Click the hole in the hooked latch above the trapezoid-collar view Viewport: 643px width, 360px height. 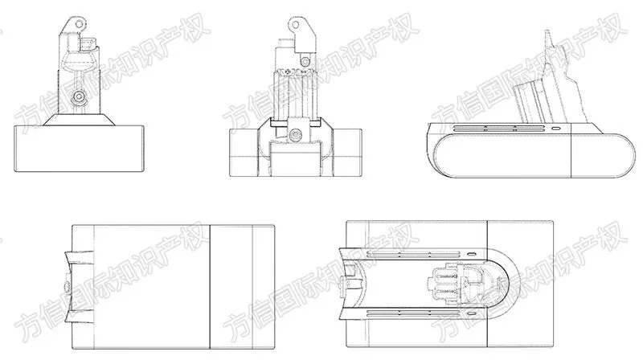pos(78,23)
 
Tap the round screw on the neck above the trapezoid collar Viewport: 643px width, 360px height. pos(78,97)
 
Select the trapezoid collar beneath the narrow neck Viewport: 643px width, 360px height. pos(79,119)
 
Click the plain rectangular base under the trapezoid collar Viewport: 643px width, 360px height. pos(79,149)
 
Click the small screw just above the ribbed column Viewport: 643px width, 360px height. pos(305,62)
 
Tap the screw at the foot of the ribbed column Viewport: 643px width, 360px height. pos(294,134)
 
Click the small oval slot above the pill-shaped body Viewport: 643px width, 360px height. pos(555,129)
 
